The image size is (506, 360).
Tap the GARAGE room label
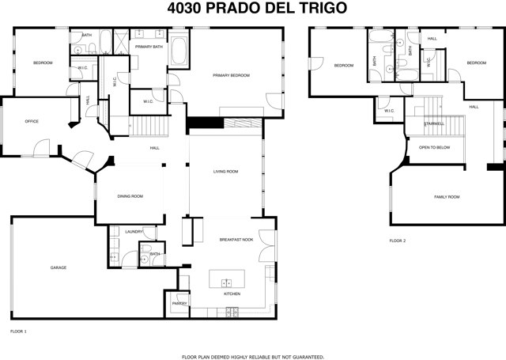click(x=59, y=267)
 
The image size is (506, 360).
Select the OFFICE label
click(x=32, y=121)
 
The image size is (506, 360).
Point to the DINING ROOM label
click(x=130, y=196)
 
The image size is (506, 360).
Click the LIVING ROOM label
click(x=225, y=172)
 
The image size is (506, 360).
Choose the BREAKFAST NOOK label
click(x=235, y=239)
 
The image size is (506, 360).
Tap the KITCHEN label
click(x=232, y=294)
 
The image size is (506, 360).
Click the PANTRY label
click(x=179, y=302)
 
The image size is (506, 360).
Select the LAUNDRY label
click(x=134, y=232)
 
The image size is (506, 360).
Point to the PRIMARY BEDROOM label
click(x=231, y=75)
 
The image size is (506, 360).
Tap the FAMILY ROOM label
click(x=447, y=196)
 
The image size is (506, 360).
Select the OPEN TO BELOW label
click(x=435, y=147)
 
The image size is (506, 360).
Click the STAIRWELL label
click(x=434, y=123)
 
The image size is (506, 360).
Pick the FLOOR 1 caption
click(x=17, y=330)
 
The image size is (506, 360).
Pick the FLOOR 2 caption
click(x=398, y=241)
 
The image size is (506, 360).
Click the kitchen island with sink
click(x=226, y=281)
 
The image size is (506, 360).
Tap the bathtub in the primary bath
click(x=179, y=51)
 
